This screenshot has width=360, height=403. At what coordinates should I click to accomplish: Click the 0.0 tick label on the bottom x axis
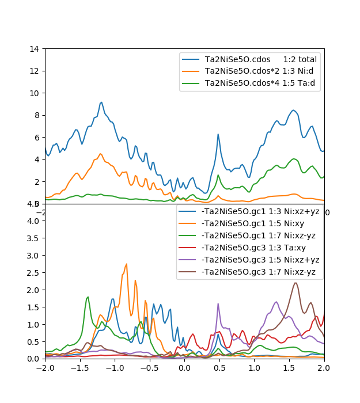tap(184, 367)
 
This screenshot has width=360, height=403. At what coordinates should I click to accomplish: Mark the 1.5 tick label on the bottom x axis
tap(289, 367)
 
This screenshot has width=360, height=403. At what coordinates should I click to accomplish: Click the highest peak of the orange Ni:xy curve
tap(126, 264)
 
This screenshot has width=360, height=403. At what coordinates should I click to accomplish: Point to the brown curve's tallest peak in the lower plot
tap(295, 283)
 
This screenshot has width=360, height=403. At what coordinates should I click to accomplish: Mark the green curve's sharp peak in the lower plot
tap(88, 297)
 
